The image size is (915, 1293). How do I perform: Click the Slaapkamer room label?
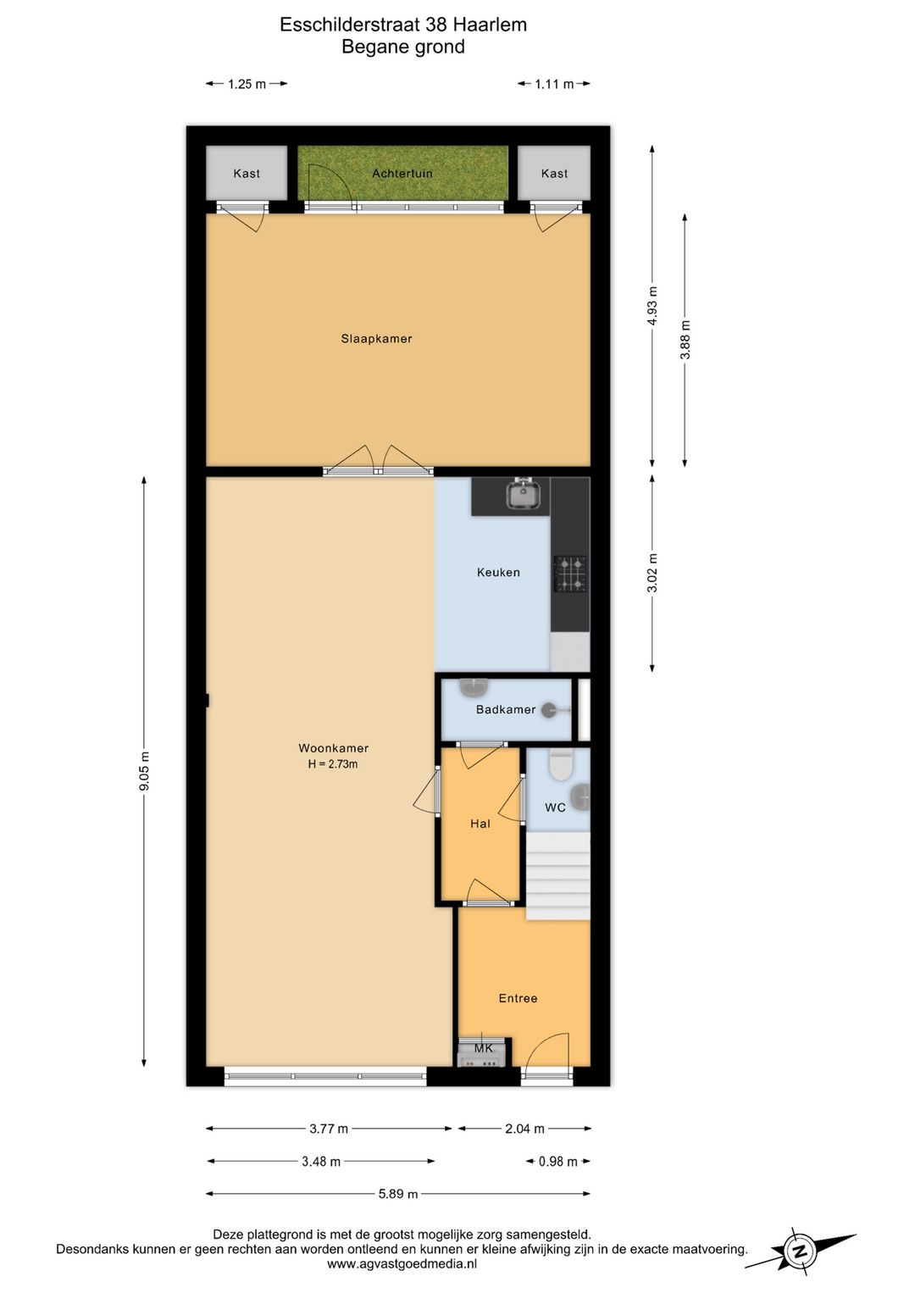pyautogui.click(x=376, y=339)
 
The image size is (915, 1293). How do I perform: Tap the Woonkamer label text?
pyautogui.click(x=333, y=748)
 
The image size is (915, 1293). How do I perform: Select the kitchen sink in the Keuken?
pyautogui.click(x=524, y=495)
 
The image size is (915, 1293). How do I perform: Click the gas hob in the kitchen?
pyautogui.click(x=570, y=574)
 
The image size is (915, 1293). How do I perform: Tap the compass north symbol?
pyautogui.click(x=801, y=1251)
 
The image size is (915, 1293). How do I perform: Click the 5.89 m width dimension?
pyautogui.click(x=397, y=1193)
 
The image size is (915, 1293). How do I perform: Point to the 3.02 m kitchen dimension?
pyautogui.click(x=652, y=573)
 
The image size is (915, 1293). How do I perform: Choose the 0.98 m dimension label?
pyautogui.click(x=557, y=1161)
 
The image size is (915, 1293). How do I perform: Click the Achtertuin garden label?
pyautogui.click(x=402, y=173)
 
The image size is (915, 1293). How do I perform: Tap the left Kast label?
pyautogui.click(x=247, y=173)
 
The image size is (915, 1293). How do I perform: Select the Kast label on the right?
pyautogui.click(x=554, y=173)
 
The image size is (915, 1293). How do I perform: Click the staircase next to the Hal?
pyautogui.click(x=557, y=875)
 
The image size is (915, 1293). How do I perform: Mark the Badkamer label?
pyautogui.click(x=506, y=709)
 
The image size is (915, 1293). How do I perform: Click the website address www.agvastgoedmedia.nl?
pyautogui.click(x=402, y=1263)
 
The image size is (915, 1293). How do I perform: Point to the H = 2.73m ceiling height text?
pyautogui.click(x=333, y=764)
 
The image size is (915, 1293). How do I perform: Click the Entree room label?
pyautogui.click(x=518, y=998)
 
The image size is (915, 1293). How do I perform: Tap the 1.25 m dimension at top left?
pyautogui.click(x=247, y=84)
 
